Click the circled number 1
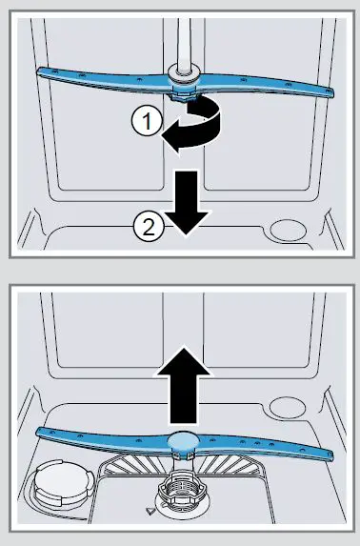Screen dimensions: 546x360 142,120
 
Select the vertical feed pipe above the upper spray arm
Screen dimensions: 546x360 180,33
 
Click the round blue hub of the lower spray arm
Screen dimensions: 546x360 180,439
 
